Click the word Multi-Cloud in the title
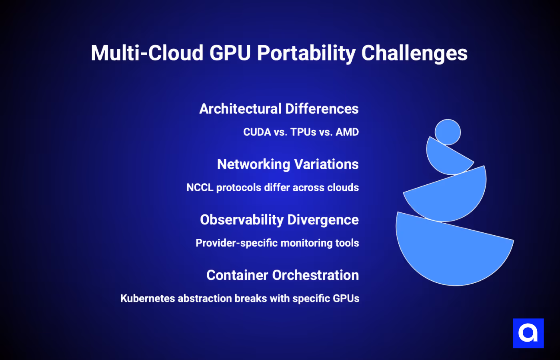pyautogui.click(x=147, y=53)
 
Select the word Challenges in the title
pyautogui.click(x=414, y=53)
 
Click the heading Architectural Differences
pyautogui.click(x=279, y=109)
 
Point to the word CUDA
pyautogui.click(x=257, y=132)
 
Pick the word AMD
pyautogui.click(x=347, y=132)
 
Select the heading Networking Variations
pyautogui.click(x=288, y=164)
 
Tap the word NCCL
pyautogui.click(x=200, y=188)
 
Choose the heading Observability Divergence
pyautogui.click(x=279, y=220)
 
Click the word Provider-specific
pyautogui.click(x=236, y=243)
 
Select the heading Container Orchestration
pyautogui.click(x=282, y=275)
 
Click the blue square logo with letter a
pyautogui.click(x=528, y=333)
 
